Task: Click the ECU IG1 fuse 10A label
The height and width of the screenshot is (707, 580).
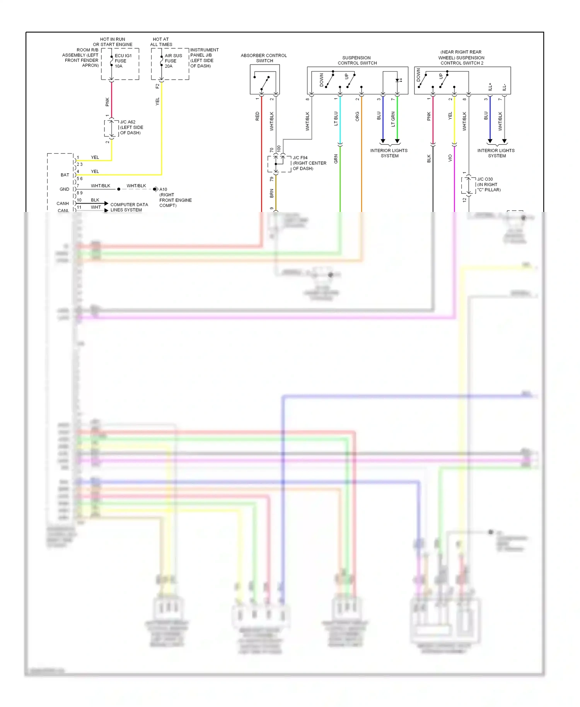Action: [x=123, y=61]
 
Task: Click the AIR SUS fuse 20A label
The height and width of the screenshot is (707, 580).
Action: [x=173, y=61]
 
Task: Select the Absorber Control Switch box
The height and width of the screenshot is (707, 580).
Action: [x=264, y=80]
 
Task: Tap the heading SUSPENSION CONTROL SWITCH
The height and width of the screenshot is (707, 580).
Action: [x=357, y=60]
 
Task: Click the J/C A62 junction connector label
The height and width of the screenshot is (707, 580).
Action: [x=131, y=127]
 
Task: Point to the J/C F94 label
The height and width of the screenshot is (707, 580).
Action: [x=309, y=163]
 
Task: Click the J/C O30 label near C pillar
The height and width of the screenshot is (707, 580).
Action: [x=488, y=184]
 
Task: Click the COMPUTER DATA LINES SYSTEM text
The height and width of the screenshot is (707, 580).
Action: [x=129, y=207]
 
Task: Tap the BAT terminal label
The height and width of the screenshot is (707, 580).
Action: [x=65, y=175]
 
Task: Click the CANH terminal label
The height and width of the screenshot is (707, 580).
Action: [x=63, y=203]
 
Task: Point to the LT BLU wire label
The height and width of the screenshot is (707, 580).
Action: [x=336, y=119]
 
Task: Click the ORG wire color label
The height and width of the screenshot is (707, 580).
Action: [x=357, y=116]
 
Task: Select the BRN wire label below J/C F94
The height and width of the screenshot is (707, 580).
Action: [x=271, y=193]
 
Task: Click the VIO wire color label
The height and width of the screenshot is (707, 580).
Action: [x=450, y=158]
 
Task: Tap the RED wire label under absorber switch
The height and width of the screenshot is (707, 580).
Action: [x=257, y=116]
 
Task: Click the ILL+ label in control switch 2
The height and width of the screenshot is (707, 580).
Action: [x=490, y=87]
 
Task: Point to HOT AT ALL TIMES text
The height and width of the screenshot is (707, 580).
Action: [x=161, y=42]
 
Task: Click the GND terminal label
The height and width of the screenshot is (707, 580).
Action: [x=64, y=190]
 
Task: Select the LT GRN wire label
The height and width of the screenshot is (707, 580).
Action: [x=393, y=119]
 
